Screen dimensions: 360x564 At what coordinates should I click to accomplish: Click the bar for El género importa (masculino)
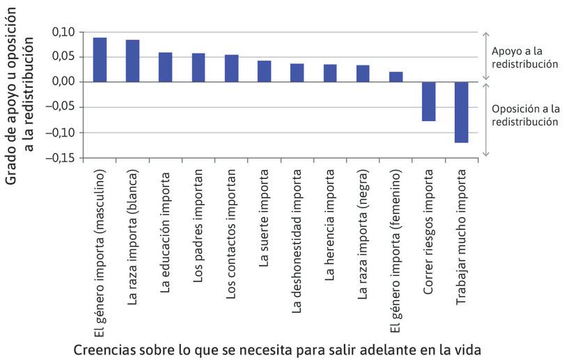point(100,60)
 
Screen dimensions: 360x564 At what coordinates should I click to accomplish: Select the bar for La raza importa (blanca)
point(132,61)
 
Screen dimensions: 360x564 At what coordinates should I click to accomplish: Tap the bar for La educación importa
point(166,68)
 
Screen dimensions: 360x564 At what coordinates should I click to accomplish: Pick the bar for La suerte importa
point(265,72)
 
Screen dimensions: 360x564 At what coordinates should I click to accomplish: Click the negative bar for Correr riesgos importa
point(429,102)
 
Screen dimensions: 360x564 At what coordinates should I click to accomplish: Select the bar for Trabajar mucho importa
point(462,112)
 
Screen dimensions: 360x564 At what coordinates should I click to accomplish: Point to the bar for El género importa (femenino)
point(396,77)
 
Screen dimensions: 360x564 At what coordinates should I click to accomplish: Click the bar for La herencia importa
point(330,73)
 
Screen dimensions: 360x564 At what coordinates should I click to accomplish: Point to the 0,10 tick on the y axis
point(62,32)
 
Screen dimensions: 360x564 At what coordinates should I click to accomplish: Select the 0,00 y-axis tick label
point(62,82)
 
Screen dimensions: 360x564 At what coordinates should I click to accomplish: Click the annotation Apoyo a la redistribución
point(525,58)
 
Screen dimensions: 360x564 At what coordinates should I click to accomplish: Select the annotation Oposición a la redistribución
point(524,115)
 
